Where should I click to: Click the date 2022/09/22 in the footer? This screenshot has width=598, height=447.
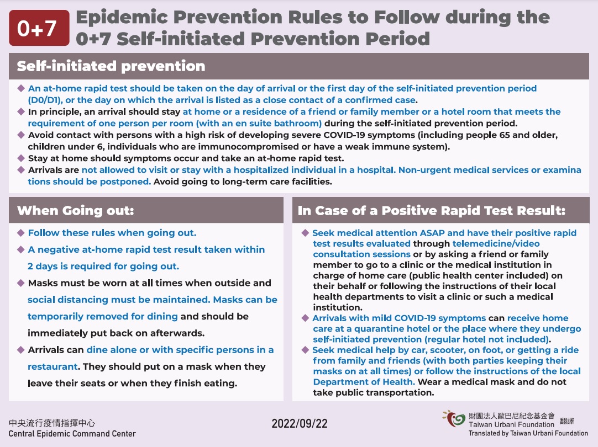click(x=299, y=423)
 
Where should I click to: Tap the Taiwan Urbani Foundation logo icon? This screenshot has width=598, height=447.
click(x=455, y=419)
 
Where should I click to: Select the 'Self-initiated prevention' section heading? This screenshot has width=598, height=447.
click(x=111, y=66)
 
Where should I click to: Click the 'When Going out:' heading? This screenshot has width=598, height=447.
click(x=76, y=210)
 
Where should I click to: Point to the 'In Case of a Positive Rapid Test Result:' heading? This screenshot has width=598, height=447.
click(x=432, y=210)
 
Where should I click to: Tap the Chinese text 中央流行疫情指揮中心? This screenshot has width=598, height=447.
click(x=52, y=423)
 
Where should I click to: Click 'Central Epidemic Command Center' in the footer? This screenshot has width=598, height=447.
click(x=72, y=434)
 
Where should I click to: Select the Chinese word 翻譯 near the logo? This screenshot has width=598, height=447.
click(x=567, y=421)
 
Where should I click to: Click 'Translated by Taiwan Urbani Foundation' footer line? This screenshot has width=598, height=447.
click(x=528, y=434)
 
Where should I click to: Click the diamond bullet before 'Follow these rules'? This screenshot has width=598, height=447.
click(x=21, y=232)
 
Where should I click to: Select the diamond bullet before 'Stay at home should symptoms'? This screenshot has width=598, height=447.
click(x=21, y=158)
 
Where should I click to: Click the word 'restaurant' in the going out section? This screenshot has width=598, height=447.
click(x=53, y=366)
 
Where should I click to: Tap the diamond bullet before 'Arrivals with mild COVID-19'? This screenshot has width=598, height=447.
click(x=305, y=318)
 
